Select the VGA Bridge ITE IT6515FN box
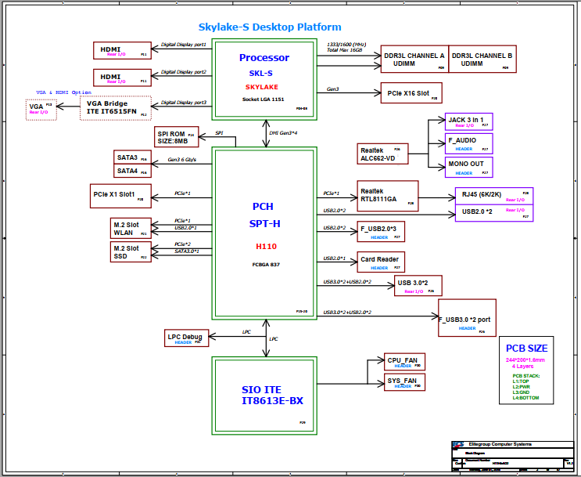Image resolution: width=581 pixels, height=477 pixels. tap(114, 108)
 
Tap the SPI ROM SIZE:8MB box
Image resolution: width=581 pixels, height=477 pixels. tap(176, 136)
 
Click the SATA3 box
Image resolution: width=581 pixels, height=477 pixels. tap(130, 158)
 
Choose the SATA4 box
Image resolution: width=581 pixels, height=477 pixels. tap(130, 171)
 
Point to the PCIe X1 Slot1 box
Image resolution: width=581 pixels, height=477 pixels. tap(119, 195)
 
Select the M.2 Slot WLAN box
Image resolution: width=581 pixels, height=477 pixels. tap(131, 228)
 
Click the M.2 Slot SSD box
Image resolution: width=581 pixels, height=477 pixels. tap(131, 251)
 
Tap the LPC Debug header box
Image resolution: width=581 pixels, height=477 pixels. tap(186, 338)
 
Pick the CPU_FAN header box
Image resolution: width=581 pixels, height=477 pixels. tap(403, 362)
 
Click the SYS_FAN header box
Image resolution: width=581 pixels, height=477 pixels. tap(403, 383)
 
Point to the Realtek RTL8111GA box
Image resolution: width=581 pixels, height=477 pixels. tap(387, 196)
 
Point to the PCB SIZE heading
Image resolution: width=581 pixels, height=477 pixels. tap(526, 349)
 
